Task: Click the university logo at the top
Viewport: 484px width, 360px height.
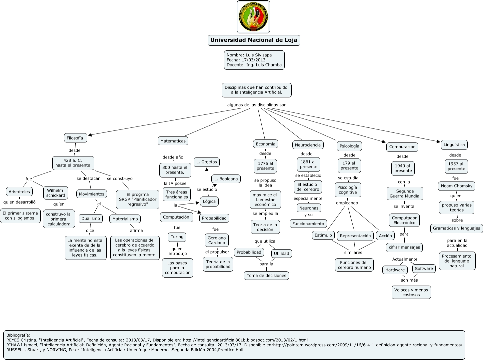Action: click(253, 17)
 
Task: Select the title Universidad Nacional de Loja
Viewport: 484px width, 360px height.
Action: click(254, 40)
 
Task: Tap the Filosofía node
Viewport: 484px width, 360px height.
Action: click(75, 138)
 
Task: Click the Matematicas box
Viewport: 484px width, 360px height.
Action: click(173, 141)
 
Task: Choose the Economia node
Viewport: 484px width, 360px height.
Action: click(265, 144)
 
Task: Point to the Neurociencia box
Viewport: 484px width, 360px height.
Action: click(308, 145)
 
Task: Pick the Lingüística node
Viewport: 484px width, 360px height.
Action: click(454, 144)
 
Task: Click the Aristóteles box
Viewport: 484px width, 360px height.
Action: click(19, 191)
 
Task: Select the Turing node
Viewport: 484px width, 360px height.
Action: click(177, 237)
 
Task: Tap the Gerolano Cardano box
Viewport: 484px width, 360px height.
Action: click(217, 240)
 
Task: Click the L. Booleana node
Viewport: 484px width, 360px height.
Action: click(226, 179)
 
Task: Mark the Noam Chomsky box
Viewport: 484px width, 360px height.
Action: click(456, 186)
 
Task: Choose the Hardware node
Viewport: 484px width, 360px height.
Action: click(395, 270)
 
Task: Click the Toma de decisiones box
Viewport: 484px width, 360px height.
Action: click(266, 276)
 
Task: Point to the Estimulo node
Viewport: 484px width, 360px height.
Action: click(323, 235)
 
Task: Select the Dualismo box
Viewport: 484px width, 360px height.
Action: click(90, 219)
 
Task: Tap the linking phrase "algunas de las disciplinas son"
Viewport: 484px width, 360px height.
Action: click(257, 105)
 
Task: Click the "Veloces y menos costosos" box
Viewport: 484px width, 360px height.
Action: click(411, 292)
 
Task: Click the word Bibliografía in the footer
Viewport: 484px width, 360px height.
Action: click(18, 335)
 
